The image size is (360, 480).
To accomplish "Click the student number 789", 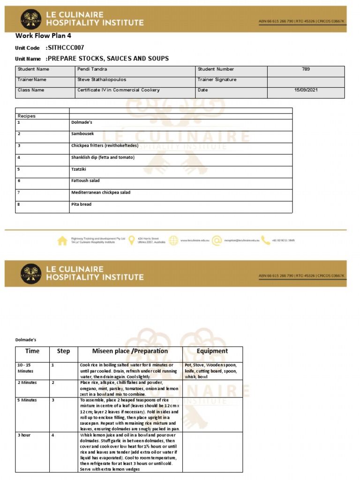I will click(306, 69).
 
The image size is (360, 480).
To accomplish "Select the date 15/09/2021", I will click(306, 90).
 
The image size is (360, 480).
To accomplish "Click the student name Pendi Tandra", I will click(92, 69).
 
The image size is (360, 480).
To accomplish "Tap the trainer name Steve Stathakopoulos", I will click(102, 80).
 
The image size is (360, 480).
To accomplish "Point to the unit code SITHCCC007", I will click(66, 48).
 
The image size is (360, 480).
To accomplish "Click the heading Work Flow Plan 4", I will click(43, 36).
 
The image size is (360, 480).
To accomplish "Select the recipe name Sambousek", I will click(82, 134).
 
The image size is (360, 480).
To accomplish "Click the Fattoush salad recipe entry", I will click(85, 180).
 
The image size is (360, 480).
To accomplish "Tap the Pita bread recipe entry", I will click(82, 204).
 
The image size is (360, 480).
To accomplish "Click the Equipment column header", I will click(212, 351).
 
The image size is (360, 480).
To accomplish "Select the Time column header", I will click(32, 351).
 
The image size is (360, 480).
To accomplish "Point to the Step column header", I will click(63, 351).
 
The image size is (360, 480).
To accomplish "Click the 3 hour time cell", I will click(24, 435).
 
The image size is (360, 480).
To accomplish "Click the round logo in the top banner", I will click(31, 20).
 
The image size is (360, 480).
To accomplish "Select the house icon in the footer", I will click(62, 240).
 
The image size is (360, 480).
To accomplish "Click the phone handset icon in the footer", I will click(265, 240).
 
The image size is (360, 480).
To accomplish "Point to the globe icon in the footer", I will click(173, 240).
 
